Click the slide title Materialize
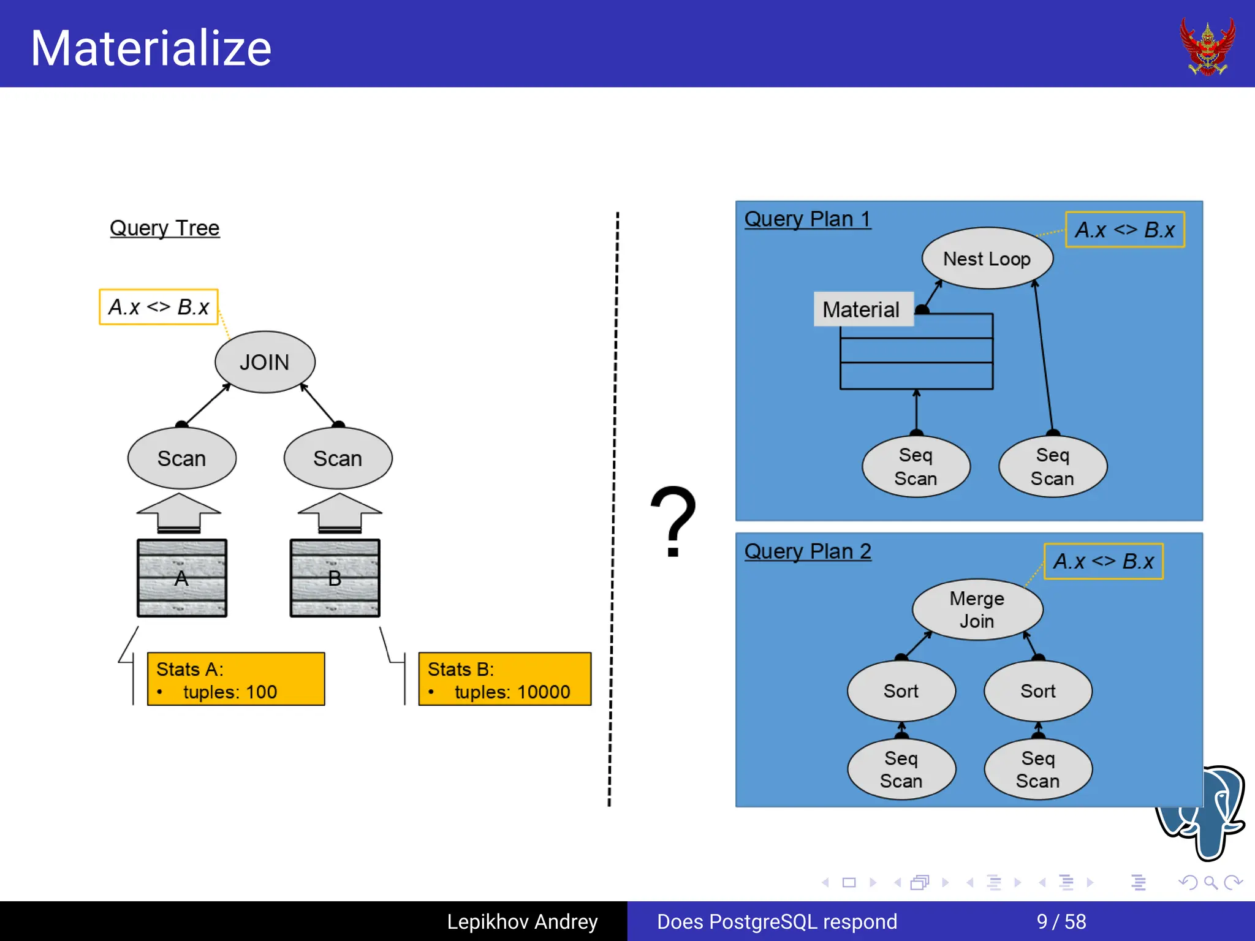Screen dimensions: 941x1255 151,48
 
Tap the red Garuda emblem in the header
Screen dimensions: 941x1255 1207,47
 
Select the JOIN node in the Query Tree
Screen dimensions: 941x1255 265,362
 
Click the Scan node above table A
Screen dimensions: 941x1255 181,458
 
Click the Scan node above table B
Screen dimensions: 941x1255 338,458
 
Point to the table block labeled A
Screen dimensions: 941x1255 182,578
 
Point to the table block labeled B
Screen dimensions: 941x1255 335,578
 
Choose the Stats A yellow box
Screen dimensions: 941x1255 236,679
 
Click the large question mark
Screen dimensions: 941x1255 673,521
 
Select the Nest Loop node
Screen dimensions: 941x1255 987,259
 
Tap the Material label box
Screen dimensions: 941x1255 862,309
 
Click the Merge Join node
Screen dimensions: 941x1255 977,610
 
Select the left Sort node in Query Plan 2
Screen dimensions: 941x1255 901,691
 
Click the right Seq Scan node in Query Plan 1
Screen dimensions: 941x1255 1052,467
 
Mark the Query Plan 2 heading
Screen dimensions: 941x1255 808,551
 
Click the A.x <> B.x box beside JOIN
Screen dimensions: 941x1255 159,306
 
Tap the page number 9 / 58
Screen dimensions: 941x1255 1061,921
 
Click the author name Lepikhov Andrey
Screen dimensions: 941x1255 522,921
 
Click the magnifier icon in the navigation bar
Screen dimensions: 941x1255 1210,882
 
